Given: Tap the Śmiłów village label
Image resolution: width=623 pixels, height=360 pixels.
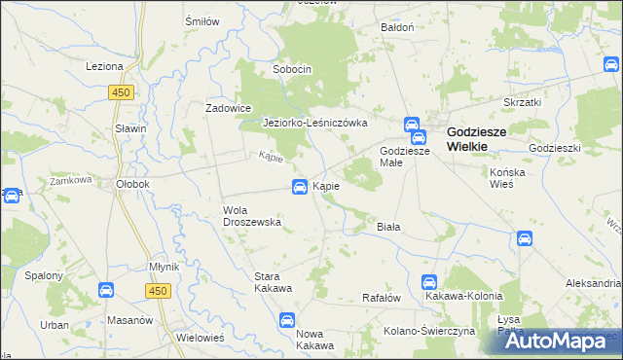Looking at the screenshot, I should click(201, 20).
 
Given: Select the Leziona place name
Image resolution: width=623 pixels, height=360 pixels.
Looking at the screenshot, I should click(104, 66).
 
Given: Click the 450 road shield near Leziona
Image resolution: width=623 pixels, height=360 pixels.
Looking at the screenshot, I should click(121, 91).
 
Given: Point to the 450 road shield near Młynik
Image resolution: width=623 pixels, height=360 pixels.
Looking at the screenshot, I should click(161, 290).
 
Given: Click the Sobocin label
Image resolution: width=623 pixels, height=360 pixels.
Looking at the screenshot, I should click(292, 70).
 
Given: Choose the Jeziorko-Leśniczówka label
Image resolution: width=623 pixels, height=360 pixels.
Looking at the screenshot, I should click(314, 123).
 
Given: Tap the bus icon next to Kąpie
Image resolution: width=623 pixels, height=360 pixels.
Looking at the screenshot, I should click(301, 186).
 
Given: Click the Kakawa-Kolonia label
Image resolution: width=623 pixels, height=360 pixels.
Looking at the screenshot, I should click(463, 296).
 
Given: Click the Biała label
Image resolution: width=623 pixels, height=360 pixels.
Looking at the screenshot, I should click(388, 227).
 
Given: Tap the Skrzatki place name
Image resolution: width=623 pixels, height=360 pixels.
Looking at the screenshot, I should click(522, 101).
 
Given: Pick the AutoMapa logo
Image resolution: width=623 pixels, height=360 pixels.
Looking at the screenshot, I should click(557, 340).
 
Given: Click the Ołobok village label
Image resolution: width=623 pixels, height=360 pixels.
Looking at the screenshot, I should click(131, 183).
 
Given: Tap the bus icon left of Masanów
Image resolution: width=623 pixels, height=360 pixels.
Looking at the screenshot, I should click(107, 289).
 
